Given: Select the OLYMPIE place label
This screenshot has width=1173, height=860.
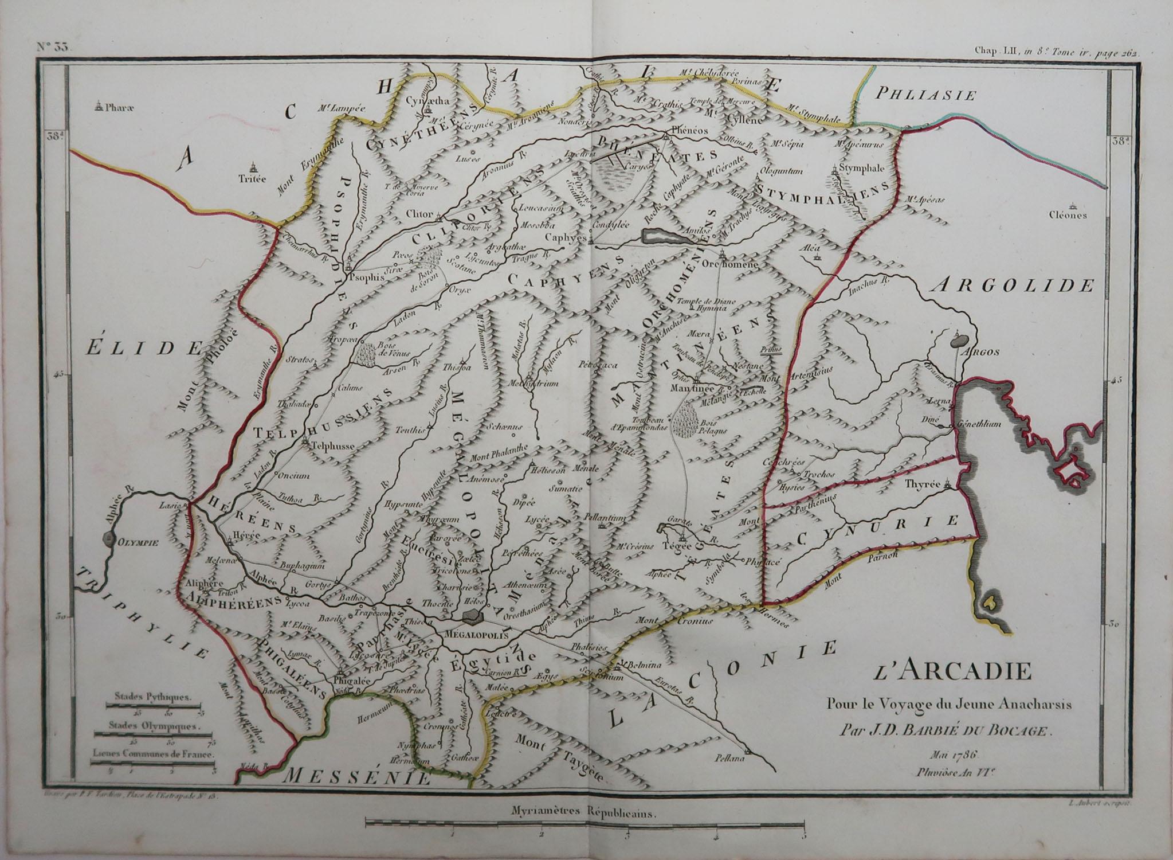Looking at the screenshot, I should pyautogui.click(x=128, y=540).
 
